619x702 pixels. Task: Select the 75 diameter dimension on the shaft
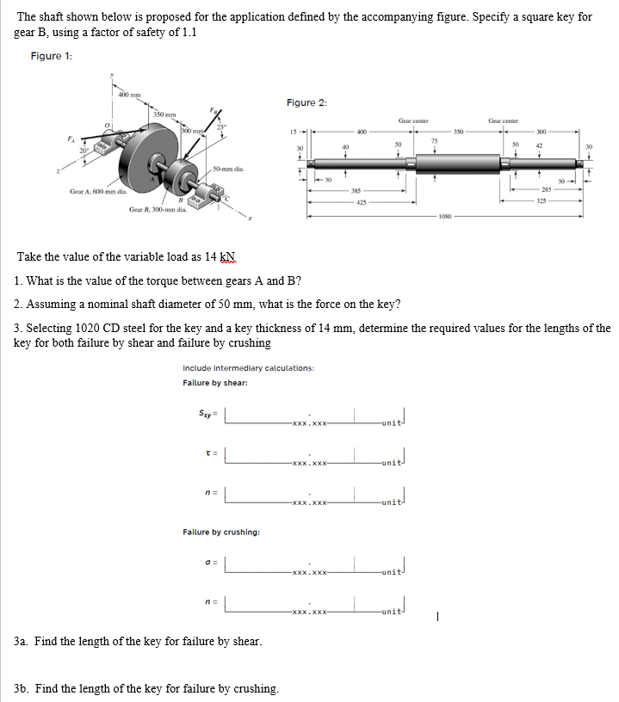coord(435,139)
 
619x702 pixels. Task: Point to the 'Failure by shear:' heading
coord(215,383)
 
